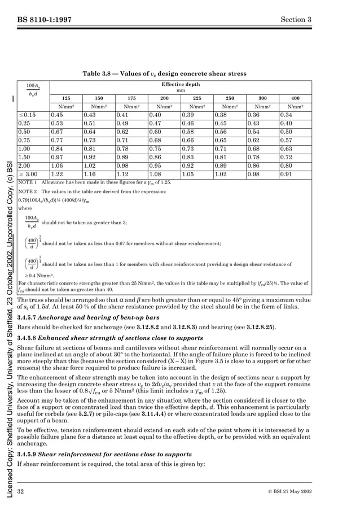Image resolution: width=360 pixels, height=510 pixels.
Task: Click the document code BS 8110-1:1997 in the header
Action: (44, 20)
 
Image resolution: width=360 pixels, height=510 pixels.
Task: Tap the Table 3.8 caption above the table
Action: (181, 73)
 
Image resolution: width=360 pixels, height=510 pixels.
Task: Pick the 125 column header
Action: (66, 98)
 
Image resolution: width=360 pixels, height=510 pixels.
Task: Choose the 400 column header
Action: (295, 98)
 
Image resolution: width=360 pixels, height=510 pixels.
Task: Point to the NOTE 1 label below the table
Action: (28, 183)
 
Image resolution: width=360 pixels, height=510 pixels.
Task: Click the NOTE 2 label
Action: (28, 192)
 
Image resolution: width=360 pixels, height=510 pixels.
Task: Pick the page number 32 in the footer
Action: (21, 488)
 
